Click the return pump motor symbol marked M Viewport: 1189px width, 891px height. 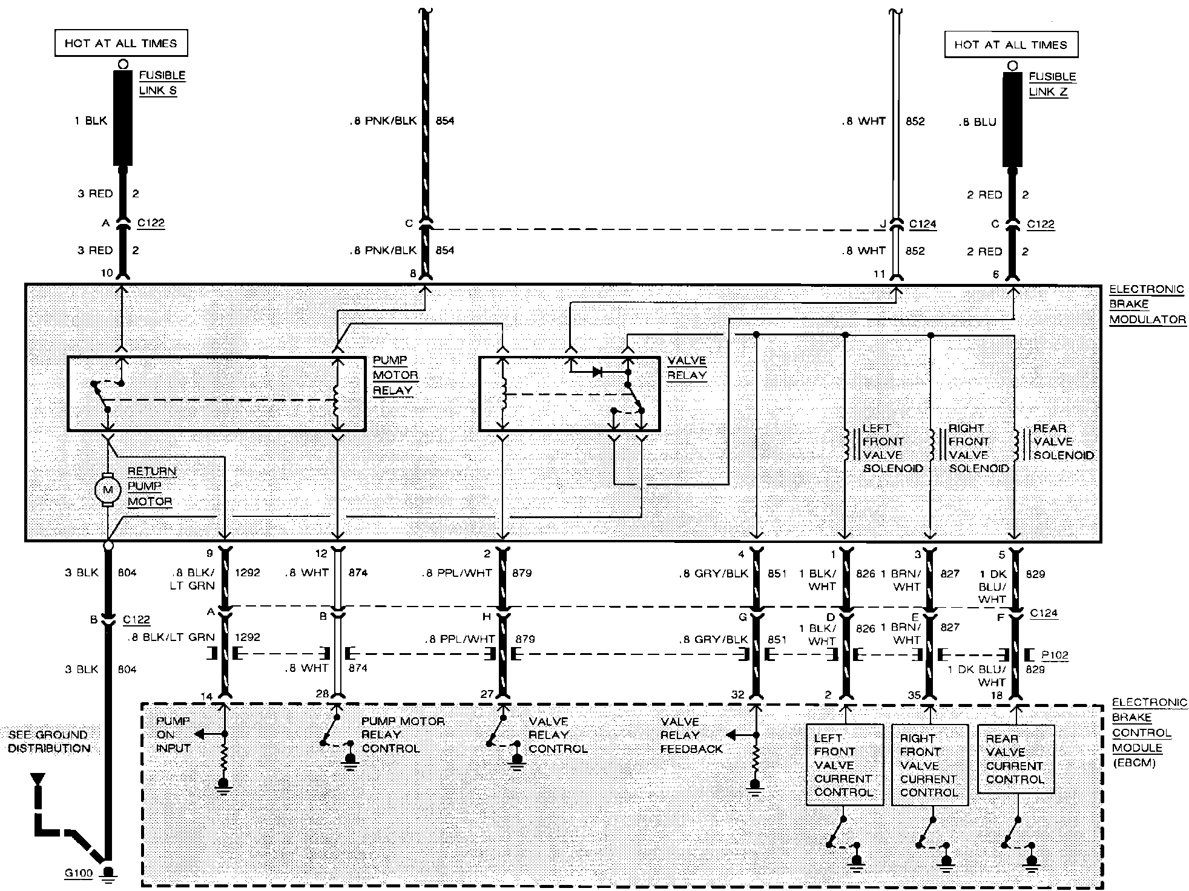(x=108, y=489)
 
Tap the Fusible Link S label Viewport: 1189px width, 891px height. (x=162, y=83)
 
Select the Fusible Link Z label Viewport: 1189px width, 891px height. (x=1052, y=84)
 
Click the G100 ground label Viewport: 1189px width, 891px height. (x=79, y=873)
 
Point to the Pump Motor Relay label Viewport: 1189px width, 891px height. (x=395, y=375)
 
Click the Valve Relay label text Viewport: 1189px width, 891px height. (x=687, y=367)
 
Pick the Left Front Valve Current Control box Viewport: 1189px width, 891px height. (x=843, y=765)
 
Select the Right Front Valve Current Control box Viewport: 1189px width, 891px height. (x=929, y=765)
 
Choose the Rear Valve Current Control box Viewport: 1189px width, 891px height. (x=1015, y=759)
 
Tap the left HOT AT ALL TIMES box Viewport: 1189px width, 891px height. (x=121, y=44)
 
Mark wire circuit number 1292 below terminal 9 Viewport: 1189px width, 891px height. (x=247, y=573)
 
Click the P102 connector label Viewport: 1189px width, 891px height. (x=1055, y=655)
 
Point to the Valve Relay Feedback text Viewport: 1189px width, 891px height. (x=691, y=735)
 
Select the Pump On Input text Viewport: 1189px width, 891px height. (x=173, y=734)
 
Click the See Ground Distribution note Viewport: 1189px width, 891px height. (x=49, y=741)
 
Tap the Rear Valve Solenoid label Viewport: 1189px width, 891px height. (x=1063, y=442)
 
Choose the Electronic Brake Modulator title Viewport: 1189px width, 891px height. (x=1146, y=304)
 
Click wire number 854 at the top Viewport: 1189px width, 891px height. (x=445, y=121)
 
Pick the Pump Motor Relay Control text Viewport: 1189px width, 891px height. (x=403, y=735)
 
